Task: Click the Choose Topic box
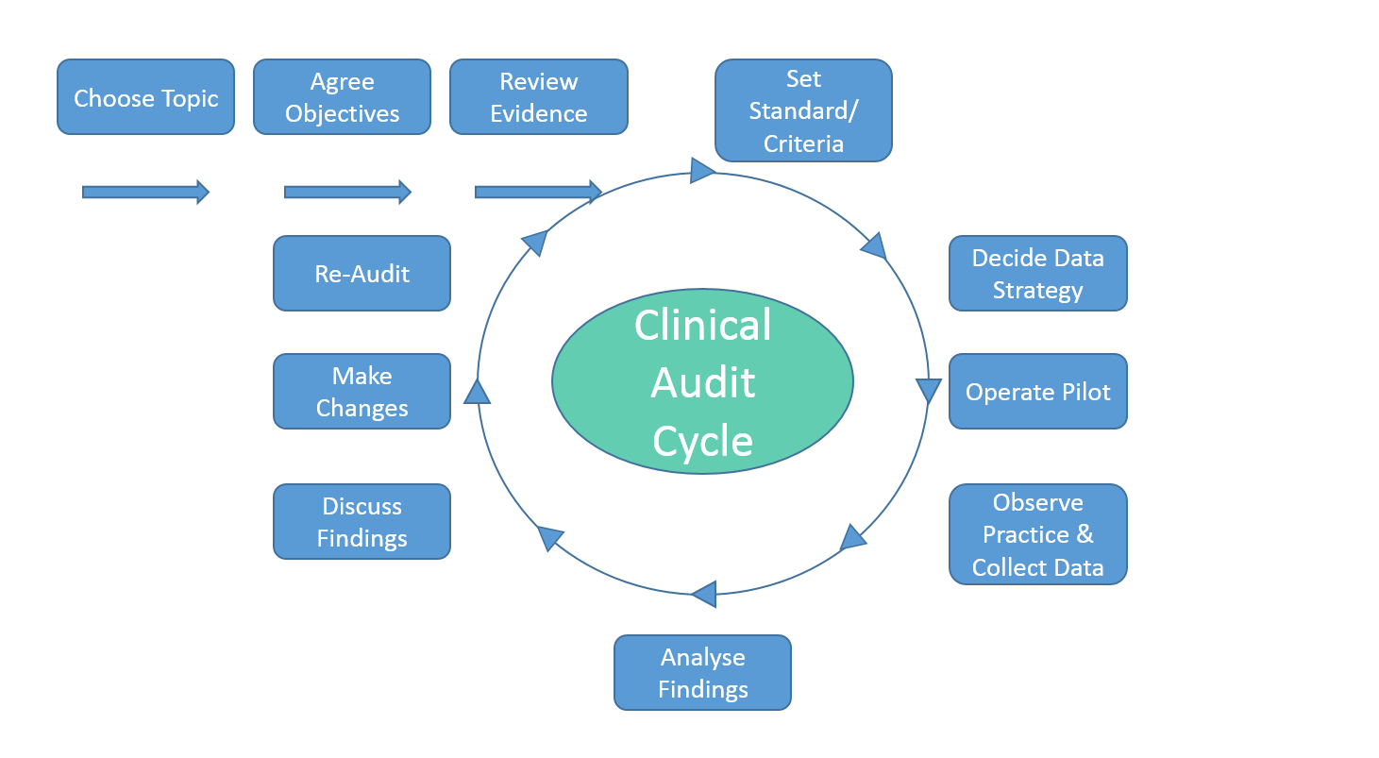click(x=145, y=97)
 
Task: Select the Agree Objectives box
click(x=342, y=97)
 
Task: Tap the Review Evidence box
click(x=538, y=97)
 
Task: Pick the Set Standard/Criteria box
click(x=803, y=110)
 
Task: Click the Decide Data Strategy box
click(x=1037, y=274)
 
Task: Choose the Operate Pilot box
click(x=1037, y=392)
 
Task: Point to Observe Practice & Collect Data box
click(x=1037, y=534)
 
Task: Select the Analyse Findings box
click(x=702, y=672)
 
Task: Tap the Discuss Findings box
click(x=362, y=522)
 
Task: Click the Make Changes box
click(x=362, y=392)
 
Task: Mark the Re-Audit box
click(x=362, y=274)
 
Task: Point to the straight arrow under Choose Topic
click(x=145, y=193)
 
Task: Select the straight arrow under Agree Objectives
click(x=347, y=193)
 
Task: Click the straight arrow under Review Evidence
click(x=538, y=193)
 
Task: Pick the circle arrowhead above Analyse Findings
click(x=704, y=595)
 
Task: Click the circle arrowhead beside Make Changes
click(x=478, y=392)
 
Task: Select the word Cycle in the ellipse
click(x=703, y=441)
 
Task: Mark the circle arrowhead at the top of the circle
click(x=702, y=171)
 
